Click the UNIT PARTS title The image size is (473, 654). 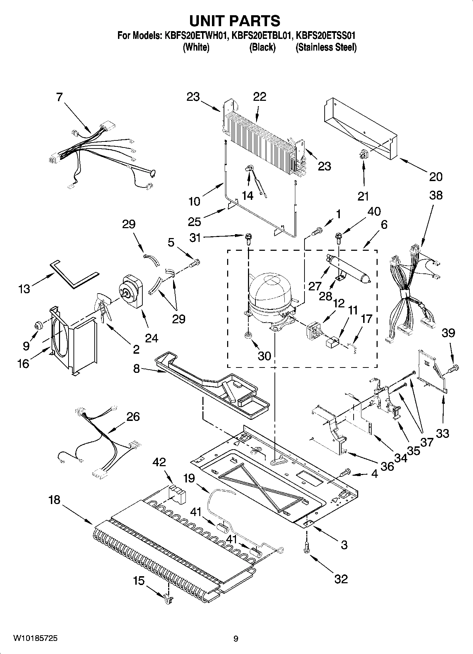235,21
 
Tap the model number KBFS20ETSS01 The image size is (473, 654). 325,35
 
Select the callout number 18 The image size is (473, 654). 55,500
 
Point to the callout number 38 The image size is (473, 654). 436,195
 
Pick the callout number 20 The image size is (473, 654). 436,176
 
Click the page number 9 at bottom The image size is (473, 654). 236,639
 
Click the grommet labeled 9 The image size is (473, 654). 39,324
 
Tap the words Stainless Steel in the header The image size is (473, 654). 326,47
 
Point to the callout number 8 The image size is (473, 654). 136,369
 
